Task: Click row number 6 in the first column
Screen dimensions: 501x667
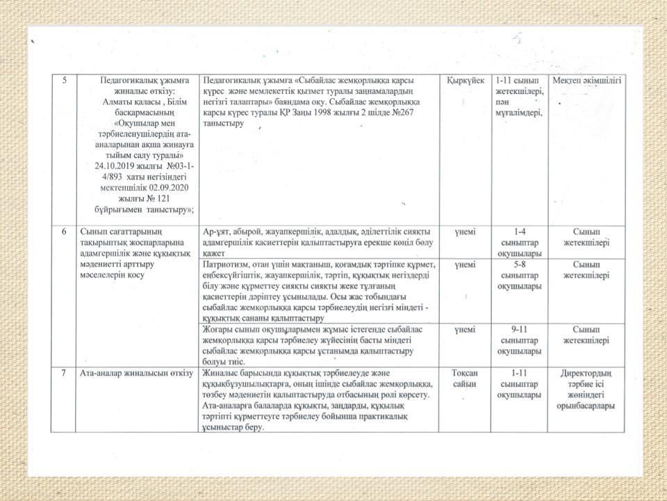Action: click(64, 231)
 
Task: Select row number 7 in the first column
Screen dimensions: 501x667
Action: click(64, 374)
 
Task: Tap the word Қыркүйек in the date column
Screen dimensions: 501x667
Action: click(466, 80)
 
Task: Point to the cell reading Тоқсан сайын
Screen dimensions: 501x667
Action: click(465, 379)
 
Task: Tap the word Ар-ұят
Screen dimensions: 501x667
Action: click(215, 231)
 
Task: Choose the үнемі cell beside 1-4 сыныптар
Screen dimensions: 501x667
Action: click(465, 231)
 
